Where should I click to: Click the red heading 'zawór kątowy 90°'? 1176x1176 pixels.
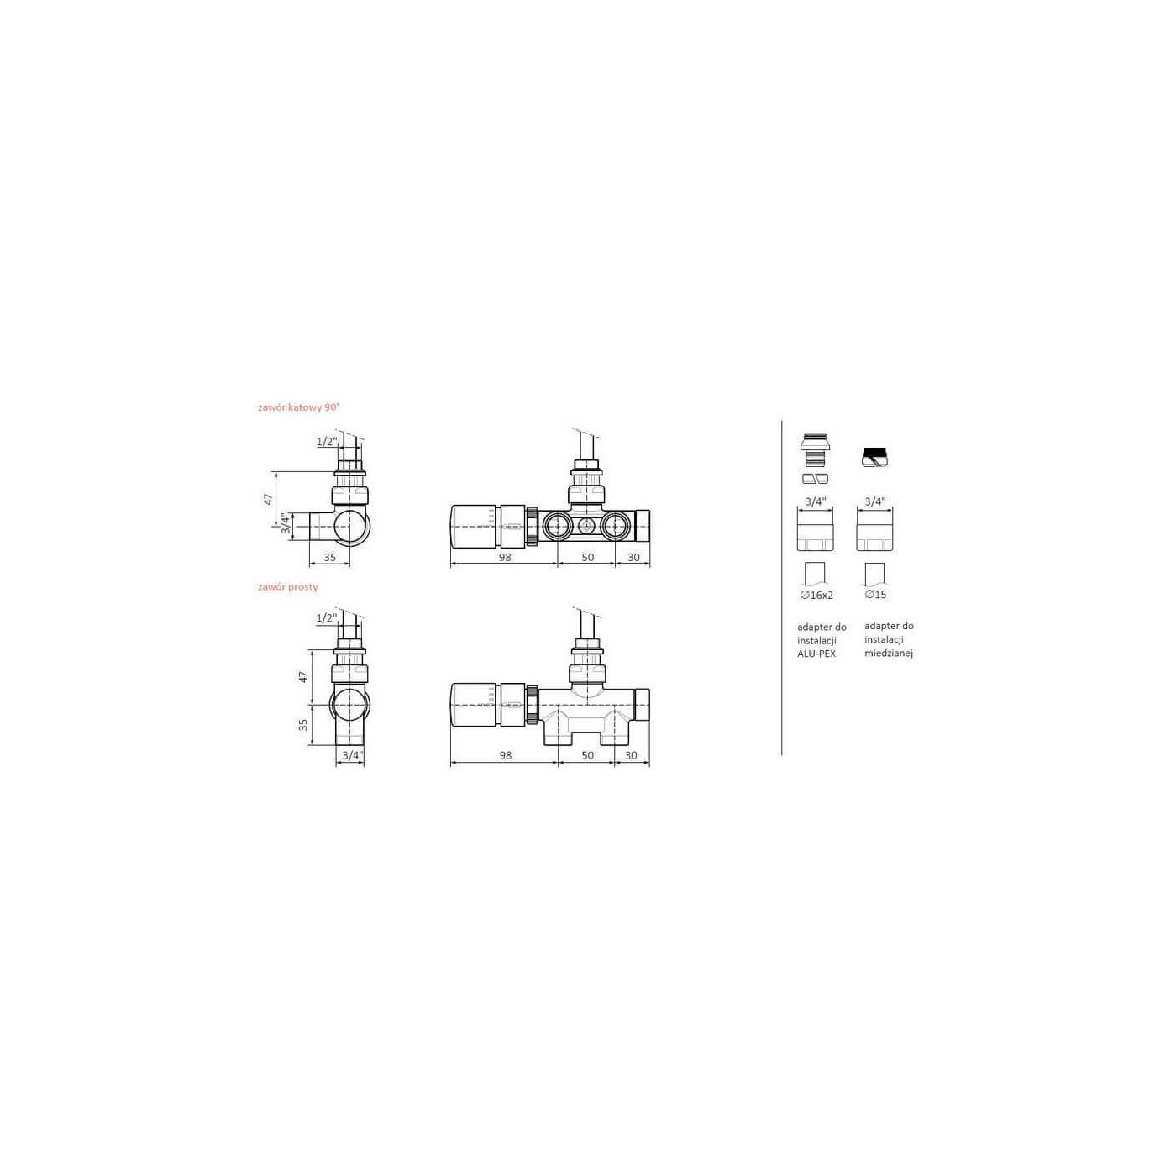[298, 407]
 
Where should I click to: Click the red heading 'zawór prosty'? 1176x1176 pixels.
[287, 587]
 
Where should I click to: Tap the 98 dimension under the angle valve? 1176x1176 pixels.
[505, 557]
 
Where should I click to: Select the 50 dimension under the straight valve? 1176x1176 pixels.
[587, 755]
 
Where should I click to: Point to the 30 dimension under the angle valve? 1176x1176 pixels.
[633, 557]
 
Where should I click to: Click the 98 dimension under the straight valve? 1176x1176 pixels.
[506, 755]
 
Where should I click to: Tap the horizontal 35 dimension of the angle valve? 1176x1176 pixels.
[329, 557]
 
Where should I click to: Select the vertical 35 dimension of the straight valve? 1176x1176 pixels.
[303, 724]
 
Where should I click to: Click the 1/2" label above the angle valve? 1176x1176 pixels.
[327, 441]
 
